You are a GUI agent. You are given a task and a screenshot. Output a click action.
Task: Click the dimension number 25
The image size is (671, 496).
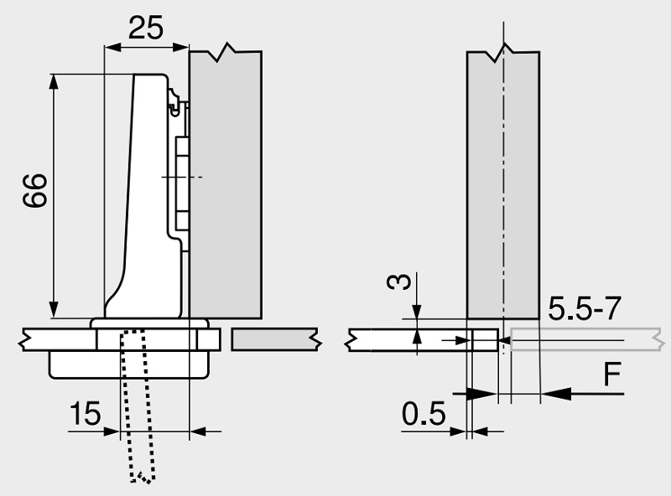coord(144,28)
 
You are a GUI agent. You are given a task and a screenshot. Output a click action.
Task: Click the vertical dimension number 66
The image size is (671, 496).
coord(35,192)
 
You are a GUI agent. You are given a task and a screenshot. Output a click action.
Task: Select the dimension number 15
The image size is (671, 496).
coord(84,413)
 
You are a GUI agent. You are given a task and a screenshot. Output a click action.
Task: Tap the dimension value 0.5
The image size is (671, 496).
coord(424,413)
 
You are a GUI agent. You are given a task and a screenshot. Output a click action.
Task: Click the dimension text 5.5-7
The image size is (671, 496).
coord(584,309)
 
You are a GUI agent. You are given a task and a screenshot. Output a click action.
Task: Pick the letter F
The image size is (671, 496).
coord(613,377)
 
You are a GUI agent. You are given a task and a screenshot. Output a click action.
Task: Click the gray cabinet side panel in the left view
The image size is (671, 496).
coord(226,184)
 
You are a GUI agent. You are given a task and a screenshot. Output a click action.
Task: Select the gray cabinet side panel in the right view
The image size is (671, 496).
coord(502,184)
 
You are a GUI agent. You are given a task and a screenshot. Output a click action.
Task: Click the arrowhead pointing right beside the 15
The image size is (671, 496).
coord(112,431)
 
